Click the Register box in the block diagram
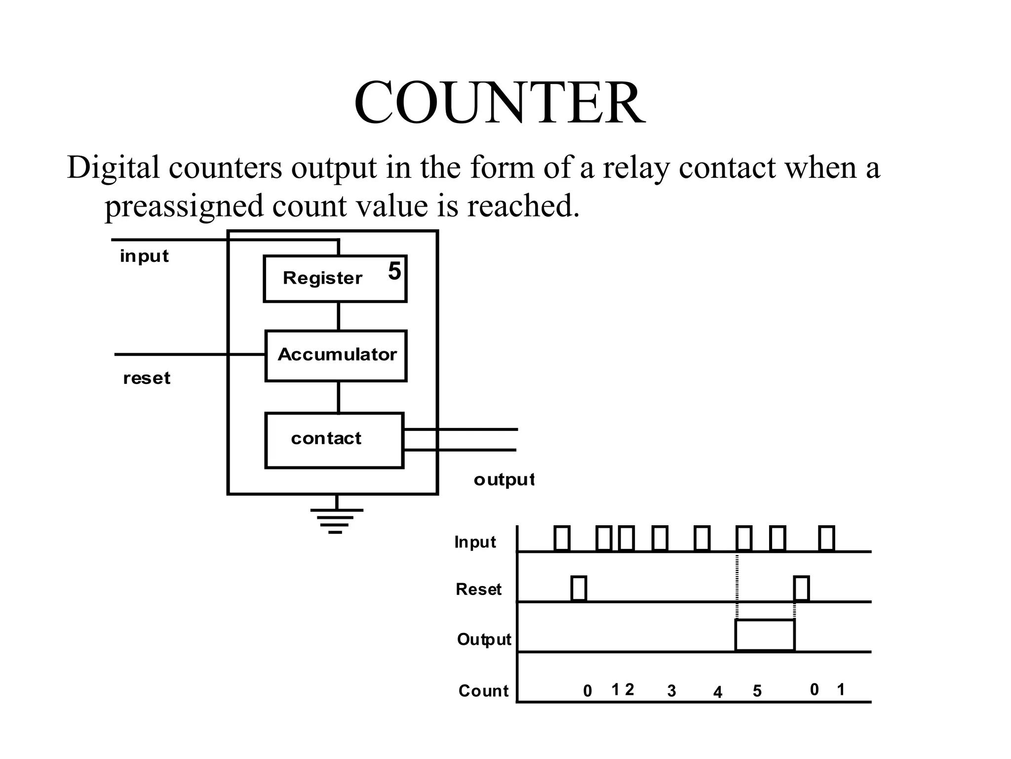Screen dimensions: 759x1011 [x=335, y=279]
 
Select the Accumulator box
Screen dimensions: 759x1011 [x=336, y=355]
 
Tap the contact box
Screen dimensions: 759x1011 [x=334, y=440]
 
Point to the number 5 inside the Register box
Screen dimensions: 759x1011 [x=394, y=271]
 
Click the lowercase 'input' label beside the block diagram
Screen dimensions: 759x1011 [x=144, y=256]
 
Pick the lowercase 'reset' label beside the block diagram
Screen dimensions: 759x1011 [x=147, y=378]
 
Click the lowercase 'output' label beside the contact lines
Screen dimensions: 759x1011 [x=504, y=479]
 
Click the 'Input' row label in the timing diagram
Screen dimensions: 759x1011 [x=475, y=542]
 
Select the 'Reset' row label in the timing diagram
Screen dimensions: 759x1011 [x=478, y=589]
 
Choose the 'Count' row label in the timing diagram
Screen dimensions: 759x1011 [x=483, y=690]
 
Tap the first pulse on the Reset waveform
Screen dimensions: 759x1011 [x=579, y=589]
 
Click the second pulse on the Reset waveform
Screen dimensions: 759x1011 [x=801, y=589]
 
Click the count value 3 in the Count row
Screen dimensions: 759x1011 [x=671, y=691]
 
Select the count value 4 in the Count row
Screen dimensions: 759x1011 [x=718, y=692]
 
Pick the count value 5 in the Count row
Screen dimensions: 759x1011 [x=757, y=691]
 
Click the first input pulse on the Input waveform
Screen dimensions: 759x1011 [x=562, y=539]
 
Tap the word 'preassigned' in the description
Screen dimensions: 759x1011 [x=184, y=206]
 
